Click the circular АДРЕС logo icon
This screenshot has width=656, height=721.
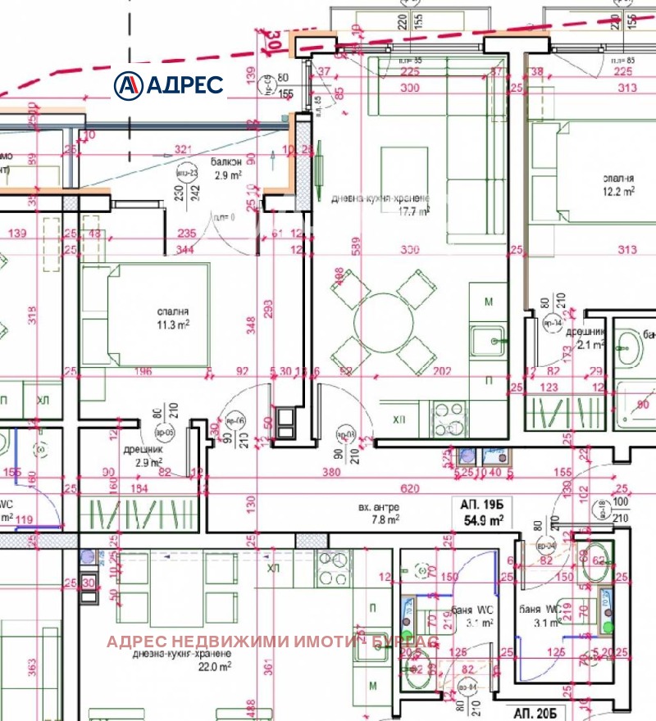[129, 84]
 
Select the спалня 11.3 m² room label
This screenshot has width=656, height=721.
[173, 318]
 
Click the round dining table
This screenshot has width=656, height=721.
[383, 321]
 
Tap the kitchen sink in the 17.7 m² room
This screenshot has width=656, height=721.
[490, 339]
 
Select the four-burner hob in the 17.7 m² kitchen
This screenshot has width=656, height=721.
[448, 419]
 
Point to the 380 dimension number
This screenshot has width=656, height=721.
[331, 472]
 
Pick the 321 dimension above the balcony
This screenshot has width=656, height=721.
[183, 150]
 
